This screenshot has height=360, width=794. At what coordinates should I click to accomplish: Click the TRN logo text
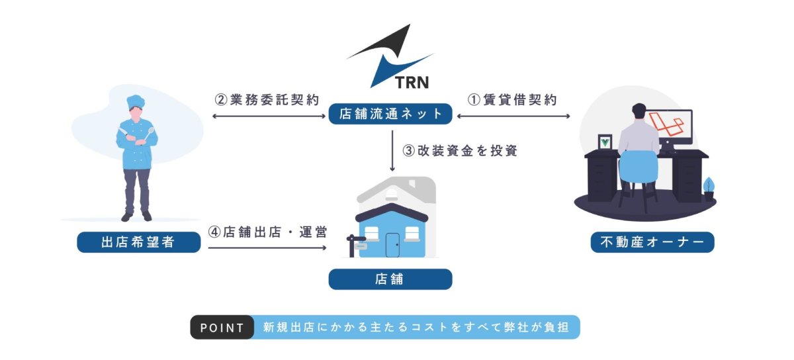click(412, 82)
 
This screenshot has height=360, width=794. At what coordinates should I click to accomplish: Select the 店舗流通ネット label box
click(390, 114)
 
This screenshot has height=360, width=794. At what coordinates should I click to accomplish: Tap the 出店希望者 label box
click(138, 242)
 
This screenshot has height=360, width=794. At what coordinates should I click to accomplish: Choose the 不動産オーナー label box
click(652, 242)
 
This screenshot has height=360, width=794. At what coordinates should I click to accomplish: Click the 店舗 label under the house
click(390, 279)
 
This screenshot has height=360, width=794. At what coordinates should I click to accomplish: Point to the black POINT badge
click(222, 327)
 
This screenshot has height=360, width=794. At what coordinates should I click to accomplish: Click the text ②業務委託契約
click(267, 100)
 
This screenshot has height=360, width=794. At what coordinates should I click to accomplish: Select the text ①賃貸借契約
click(512, 100)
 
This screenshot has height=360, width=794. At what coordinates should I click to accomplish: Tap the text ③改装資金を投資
click(460, 151)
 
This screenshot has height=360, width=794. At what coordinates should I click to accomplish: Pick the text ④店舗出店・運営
click(267, 232)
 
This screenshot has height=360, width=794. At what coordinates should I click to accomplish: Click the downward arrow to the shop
click(392, 151)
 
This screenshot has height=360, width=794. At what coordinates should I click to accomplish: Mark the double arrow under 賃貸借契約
click(513, 116)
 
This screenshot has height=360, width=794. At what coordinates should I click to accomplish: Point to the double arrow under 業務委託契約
click(269, 116)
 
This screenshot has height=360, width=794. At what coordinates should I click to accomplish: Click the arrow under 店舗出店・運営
click(267, 248)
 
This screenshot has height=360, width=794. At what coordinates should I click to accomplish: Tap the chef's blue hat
click(136, 101)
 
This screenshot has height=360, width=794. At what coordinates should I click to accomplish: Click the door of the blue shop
click(392, 245)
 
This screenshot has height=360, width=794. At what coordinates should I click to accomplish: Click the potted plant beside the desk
click(709, 189)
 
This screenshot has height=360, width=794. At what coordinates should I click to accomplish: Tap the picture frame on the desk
click(605, 142)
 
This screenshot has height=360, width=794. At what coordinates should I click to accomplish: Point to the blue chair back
click(639, 167)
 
